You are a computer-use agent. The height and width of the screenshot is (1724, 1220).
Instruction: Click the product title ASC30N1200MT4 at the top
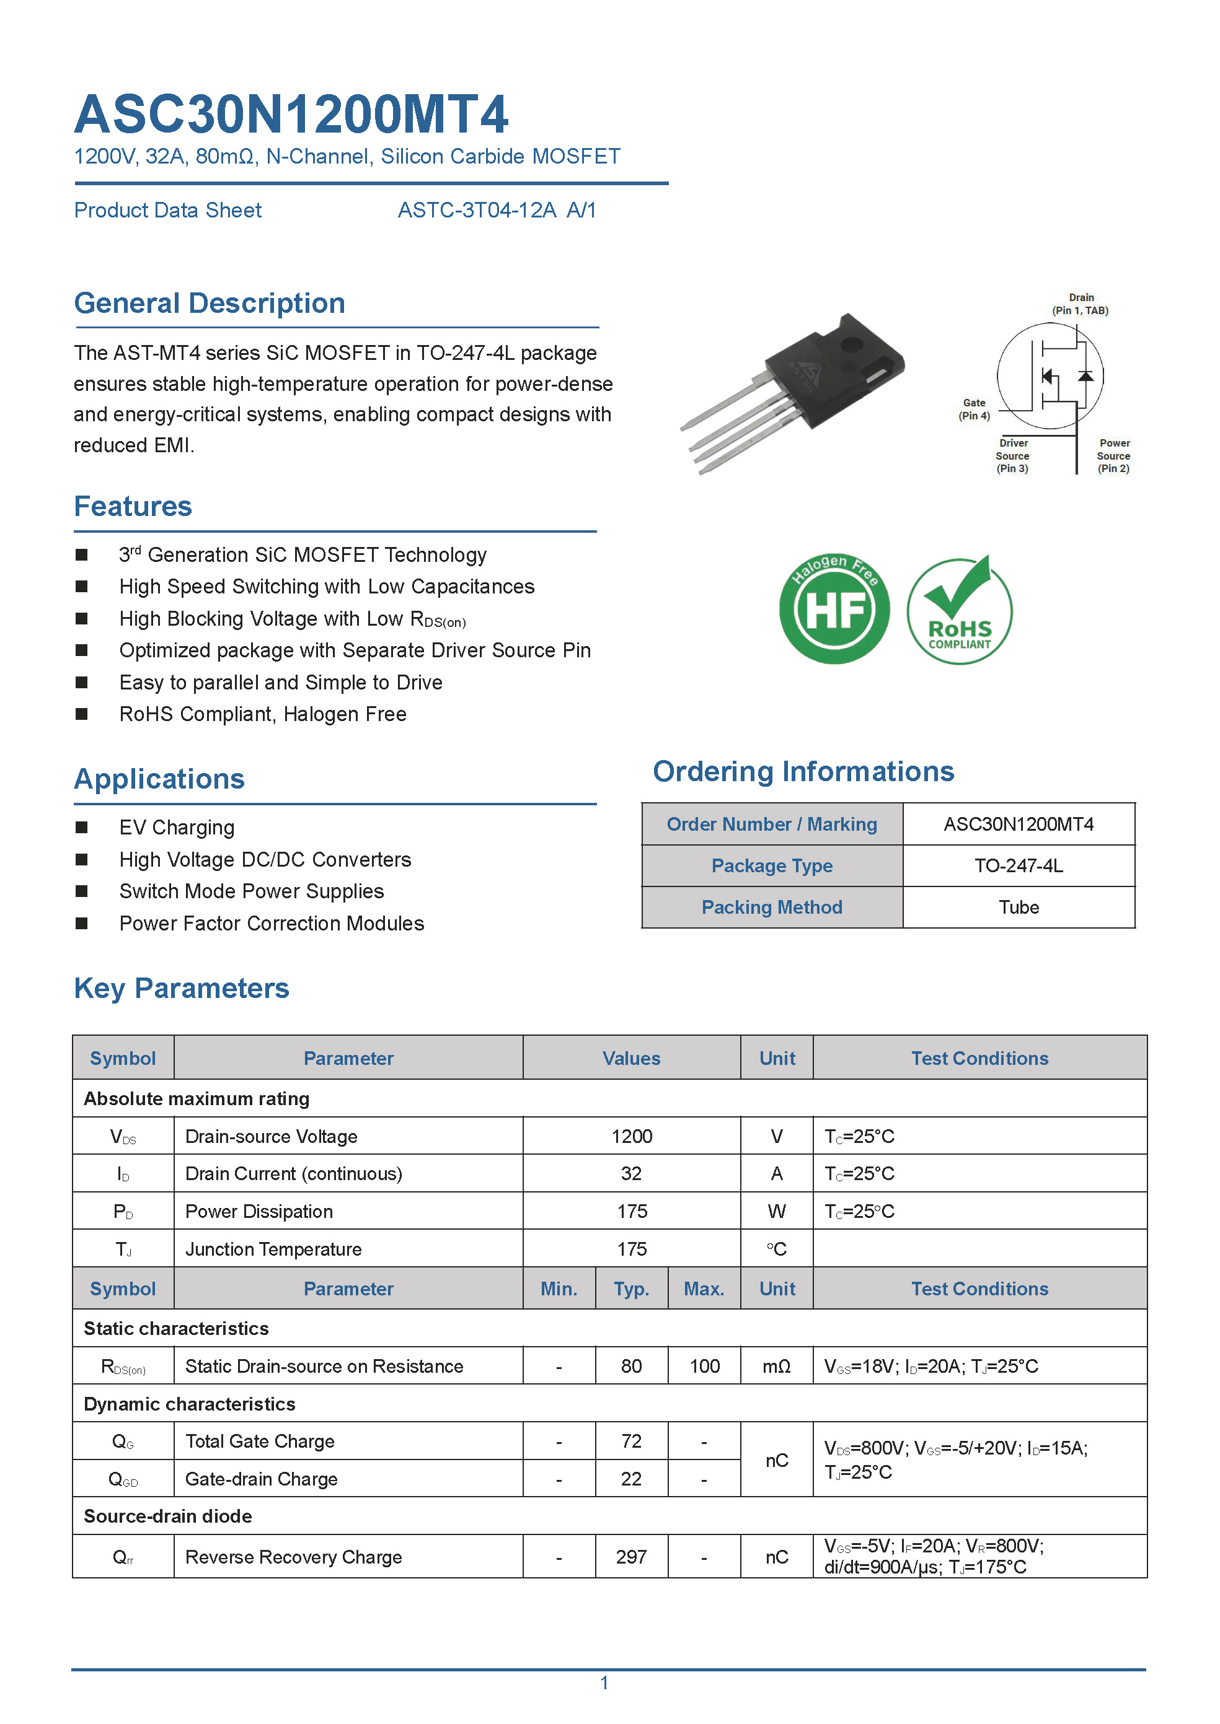pos(291,114)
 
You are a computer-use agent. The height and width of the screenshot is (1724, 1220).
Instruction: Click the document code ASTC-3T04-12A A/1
pos(497,210)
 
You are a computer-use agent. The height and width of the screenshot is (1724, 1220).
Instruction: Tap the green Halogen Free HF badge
pos(834,609)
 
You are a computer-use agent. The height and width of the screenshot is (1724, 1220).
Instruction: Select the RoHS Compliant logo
pos(959,610)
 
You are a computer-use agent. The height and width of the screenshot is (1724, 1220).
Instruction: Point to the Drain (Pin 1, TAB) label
pos(1081,304)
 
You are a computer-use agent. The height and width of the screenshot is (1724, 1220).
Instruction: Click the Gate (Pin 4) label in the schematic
pos(974,409)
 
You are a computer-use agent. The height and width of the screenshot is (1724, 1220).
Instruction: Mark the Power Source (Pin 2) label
pos(1113,456)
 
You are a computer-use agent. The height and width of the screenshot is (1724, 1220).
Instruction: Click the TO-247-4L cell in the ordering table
pos(1018,866)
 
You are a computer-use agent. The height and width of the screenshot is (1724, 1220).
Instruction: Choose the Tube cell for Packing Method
pos(1018,907)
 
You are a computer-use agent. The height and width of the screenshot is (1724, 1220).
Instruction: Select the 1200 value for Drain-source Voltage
pos(631,1136)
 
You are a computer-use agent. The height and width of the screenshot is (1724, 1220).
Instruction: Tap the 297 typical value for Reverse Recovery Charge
pos(631,1557)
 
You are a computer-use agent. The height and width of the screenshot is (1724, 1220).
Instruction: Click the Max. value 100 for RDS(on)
pos(704,1366)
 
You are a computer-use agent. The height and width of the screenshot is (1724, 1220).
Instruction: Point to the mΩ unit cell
pos(776,1366)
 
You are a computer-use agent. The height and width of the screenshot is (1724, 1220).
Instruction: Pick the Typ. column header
pos(631,1289)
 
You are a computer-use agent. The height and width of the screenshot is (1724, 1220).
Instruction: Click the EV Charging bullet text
pos(177,828)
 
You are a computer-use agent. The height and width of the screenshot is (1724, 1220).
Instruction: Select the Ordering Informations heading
pos(803,771)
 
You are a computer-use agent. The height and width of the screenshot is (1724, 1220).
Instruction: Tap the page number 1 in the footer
pos(604,1682)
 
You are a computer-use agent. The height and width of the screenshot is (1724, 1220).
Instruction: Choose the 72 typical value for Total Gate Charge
pos(631,1441)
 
